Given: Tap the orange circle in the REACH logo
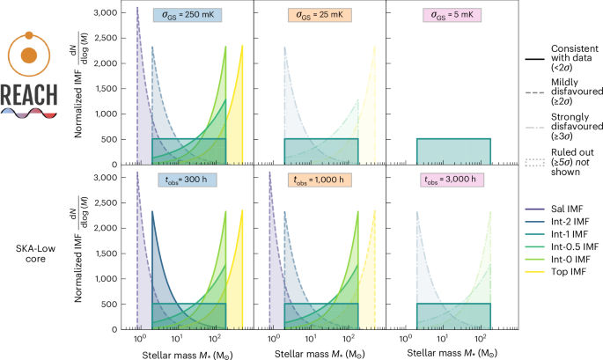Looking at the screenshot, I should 29,55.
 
